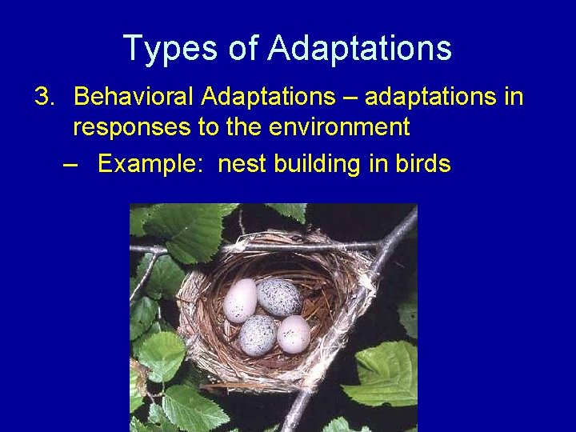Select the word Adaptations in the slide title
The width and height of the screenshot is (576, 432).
pos(359,48)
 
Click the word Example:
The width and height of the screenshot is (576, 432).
pos(153,164)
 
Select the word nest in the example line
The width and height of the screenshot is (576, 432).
pos(242,164)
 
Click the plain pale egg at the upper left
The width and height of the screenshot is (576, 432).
pos(240,301)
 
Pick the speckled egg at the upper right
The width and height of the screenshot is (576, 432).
pos(278,298)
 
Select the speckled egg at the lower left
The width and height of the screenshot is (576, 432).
pos(257,334)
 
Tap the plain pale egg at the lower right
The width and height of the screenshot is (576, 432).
pos(294,334)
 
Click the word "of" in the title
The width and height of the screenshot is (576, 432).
pos(242,48)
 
